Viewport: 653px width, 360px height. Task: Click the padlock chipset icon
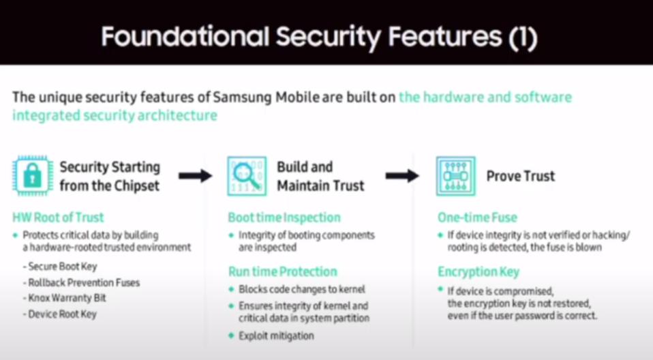(x=31, y=175)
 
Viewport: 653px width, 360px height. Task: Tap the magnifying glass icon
(x=247, y=175)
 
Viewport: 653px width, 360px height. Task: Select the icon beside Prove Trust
(x=455, y=175)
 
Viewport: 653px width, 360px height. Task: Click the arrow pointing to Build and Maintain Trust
(x=196, y=176)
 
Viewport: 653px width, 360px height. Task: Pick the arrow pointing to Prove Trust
(x=402, y=176)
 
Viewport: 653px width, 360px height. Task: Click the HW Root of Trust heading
(x=58, y=217)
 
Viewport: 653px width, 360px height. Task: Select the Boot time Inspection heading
(x=284, y=217)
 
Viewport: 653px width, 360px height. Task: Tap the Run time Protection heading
(x=282, y=271)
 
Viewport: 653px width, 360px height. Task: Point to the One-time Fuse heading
(x=477, y=217)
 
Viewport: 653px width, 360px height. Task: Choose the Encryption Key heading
(x=479, y=271)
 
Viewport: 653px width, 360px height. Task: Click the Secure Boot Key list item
(x=63, y=267)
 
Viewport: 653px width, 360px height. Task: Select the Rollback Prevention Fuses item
(x=84, y=283)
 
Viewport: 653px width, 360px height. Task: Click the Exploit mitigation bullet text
(x=276, y=335)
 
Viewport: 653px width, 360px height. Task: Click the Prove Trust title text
(x=521, y=176)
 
